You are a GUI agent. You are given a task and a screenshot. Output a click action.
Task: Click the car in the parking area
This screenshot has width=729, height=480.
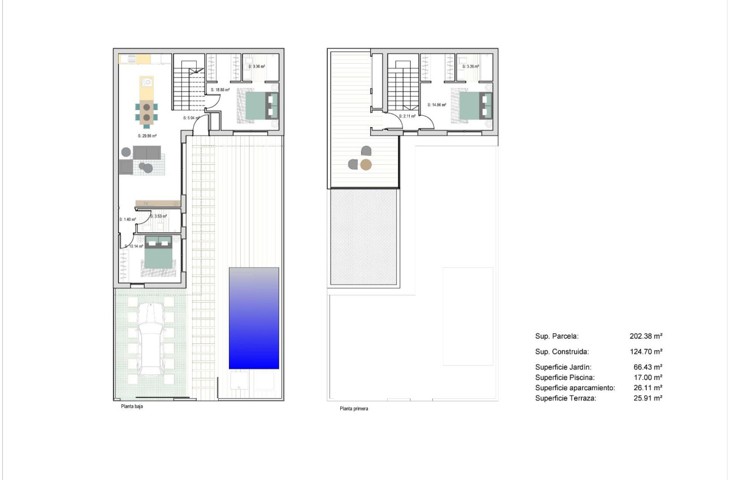150,338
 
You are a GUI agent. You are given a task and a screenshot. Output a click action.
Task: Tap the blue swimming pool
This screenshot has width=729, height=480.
254,318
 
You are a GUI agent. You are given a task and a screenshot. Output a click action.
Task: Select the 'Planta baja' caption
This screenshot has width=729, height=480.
132,406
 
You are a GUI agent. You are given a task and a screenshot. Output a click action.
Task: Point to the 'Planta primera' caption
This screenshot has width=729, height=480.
354,409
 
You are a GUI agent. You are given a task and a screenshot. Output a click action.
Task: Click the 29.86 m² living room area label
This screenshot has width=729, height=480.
147,136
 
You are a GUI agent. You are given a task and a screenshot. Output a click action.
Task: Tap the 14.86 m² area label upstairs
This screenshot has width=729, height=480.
437,105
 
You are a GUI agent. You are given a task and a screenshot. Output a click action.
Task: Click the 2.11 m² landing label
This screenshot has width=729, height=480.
407,116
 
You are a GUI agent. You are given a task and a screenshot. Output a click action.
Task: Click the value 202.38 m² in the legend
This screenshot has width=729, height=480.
646,336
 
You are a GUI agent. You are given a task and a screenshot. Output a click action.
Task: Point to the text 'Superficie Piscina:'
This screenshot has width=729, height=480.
565,377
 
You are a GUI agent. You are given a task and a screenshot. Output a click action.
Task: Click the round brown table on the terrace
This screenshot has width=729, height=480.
366,165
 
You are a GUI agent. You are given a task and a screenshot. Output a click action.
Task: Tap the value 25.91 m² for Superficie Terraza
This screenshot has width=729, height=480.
648,398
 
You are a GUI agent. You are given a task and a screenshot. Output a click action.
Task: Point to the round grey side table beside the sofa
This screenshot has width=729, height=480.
125,152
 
